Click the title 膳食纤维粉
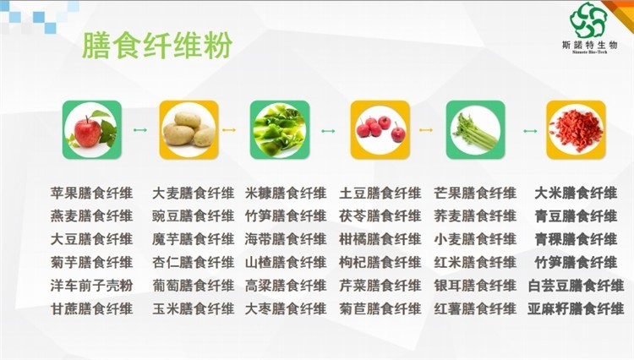(157, 46)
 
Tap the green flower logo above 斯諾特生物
(588, 20)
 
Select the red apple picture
(92, 129)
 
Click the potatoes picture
(189, 129)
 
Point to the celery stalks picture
(475, 129)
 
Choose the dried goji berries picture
(576, 129)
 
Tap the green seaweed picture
(280, 129)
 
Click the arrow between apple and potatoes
(140, 130)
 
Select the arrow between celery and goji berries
(530, 131)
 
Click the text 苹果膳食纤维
(92, 194)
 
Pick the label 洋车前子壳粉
(92, 286)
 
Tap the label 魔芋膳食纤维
(194, 239)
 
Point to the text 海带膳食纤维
(286, 239)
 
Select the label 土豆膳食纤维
(380, 194)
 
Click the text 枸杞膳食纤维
(380, 263)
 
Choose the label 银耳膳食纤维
(475, 286)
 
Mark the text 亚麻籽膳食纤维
(576, 309)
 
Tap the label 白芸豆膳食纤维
(576, 286)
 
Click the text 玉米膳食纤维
(194, 309)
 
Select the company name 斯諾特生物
(589, 45)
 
